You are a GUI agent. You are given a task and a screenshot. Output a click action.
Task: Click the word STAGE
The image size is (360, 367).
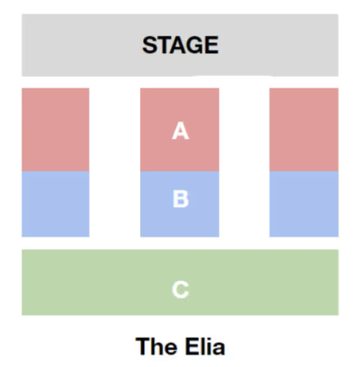(181, 45)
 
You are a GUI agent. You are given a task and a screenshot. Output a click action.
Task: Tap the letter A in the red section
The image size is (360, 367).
(180, 131)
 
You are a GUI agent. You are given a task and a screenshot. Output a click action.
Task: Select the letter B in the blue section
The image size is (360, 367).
(181, 199)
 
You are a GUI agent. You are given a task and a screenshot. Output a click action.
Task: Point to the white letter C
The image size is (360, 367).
(180, 289)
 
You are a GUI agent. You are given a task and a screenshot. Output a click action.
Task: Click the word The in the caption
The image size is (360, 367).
(156, 346)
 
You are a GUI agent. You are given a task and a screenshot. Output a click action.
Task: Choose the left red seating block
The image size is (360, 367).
(55, 130)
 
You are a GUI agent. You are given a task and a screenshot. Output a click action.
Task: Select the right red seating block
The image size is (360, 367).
(304, 130)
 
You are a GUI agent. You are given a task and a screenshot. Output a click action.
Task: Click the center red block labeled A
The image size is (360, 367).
(179, 130)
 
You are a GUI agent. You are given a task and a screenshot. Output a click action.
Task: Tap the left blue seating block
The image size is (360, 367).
(55, 204)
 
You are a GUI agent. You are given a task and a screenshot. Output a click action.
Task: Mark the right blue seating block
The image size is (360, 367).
(304, 204)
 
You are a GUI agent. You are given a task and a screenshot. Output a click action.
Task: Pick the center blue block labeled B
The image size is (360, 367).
(179, 204)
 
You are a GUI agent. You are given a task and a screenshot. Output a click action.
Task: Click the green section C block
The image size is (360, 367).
(180, 283)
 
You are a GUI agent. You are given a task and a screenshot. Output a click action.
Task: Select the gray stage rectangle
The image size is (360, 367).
(180, 45)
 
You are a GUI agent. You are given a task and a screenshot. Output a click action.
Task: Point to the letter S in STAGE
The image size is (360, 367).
(150, 45)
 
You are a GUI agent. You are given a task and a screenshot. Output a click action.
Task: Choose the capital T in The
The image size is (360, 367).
(143, 346)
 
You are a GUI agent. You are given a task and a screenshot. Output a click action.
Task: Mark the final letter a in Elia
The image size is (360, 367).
(218, 349)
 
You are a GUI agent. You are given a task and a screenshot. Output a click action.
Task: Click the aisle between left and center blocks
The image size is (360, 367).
(115, 163)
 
